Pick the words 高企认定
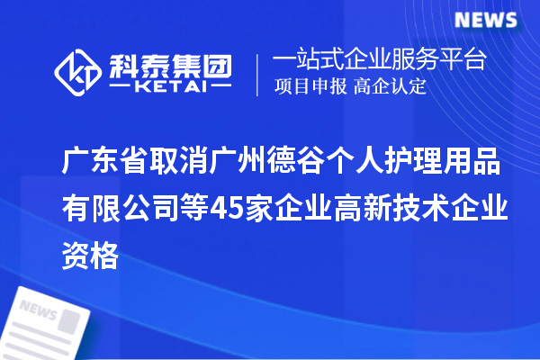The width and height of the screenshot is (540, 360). (390, 87)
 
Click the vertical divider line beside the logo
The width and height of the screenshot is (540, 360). (257, 74)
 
